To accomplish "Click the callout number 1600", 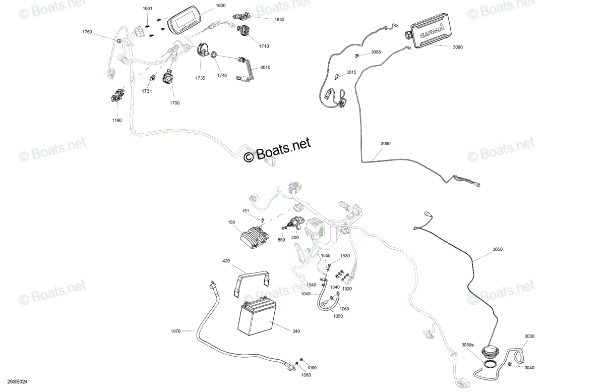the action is pyautogui.click(x=221, y=6).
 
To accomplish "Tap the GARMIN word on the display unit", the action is pyautogui.click(x=432, y=32).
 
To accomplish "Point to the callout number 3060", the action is pyautogui.click(x=385, y=144).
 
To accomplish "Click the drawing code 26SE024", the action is pyautogui.click(x=17, y=382).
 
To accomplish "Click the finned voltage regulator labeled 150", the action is pyautogui.click(x=253, y=237).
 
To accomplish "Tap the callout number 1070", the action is pyautogui.click(x=175, y=331).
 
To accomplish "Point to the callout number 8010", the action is pyautogui.click(x=265, y=67).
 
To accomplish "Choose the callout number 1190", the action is pyautogui.click(x=117, y=120).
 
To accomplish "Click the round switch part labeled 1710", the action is pyautogui.click(x=244, y=31).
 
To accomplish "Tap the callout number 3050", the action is pyautogui.click(x=498, y=249).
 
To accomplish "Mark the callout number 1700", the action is pyautogui.click(x=174, y=103).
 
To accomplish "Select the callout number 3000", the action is pyautogui.click(x=458, y=47).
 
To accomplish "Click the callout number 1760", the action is pyautogui.click(x=87, y=32).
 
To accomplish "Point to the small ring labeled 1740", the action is pyautogui.click(x=213, y=55).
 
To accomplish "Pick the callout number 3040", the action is pyautogui.click(x=529, y=368).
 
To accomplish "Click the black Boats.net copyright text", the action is pyautogui.click(x=277, y=150).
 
